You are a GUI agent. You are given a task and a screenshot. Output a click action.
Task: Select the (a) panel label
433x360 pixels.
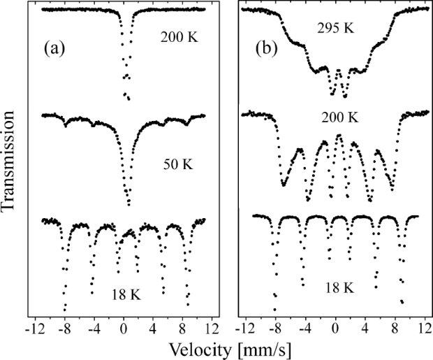coord(56,49)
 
